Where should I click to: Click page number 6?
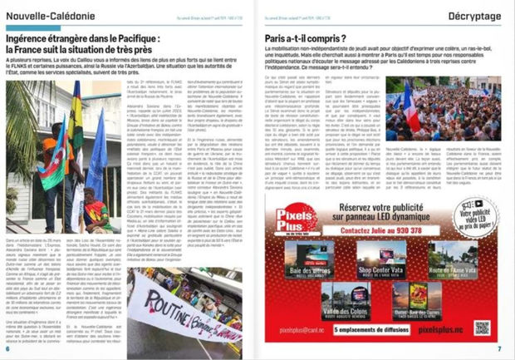(7, 349)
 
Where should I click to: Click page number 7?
(499, 349)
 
